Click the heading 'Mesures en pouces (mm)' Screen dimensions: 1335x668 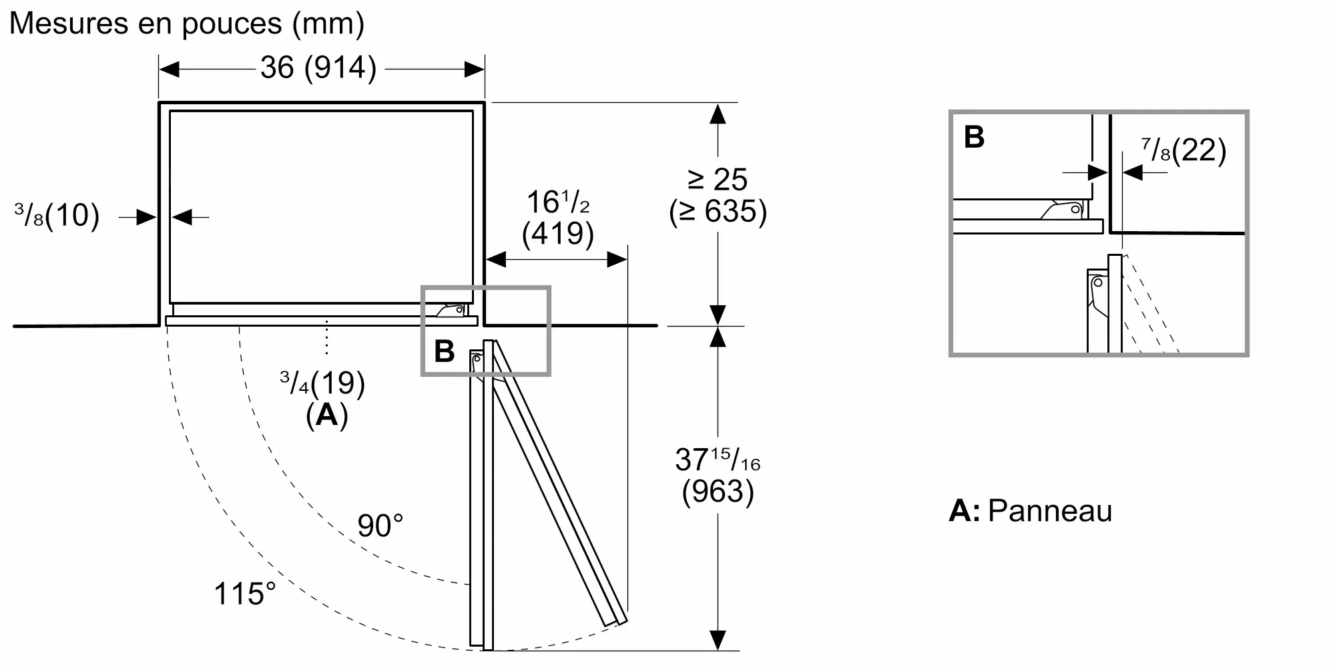pos(187,24)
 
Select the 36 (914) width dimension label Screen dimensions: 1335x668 pos(318,67)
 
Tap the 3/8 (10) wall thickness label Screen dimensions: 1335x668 pos(57,215)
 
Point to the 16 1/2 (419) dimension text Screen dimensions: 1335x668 pos(558,218)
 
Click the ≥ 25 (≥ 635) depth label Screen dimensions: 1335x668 pos(718,196)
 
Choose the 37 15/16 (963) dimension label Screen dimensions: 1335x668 pos(718,476)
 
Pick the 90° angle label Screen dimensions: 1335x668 pos(380,526)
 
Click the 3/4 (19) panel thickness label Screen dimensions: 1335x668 pos(322,383)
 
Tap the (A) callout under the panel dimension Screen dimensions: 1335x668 pos(327,415)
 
